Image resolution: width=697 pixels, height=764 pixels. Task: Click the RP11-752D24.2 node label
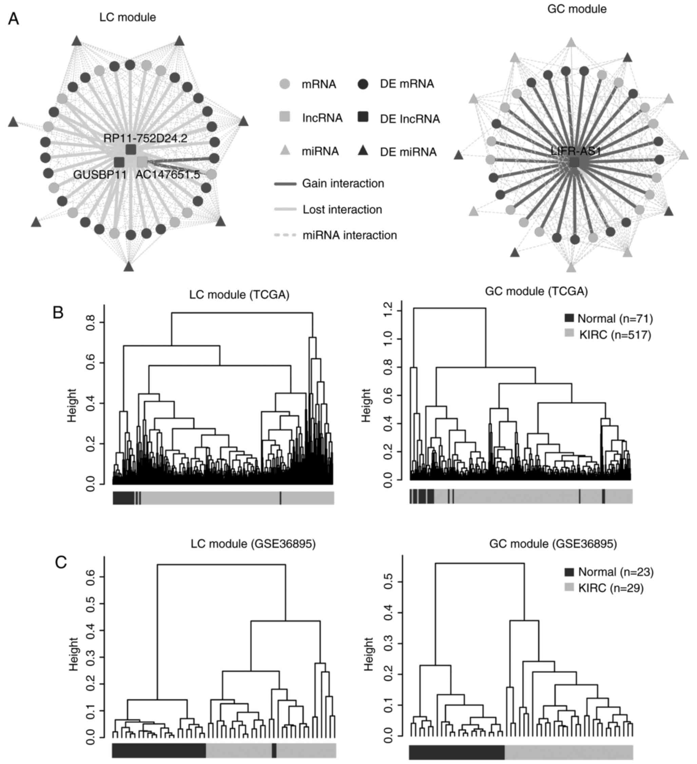coord(145,138)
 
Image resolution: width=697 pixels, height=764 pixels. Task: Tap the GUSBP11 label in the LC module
coord(100,175)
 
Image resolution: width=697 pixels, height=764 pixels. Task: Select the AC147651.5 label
coord(168,175)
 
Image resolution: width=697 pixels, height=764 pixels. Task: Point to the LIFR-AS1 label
coord(576,151)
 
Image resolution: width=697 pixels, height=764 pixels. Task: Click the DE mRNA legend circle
coord(363,84)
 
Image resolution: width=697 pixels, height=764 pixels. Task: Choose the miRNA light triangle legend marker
coord(285,151)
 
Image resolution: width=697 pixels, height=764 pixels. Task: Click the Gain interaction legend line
coord(285,184)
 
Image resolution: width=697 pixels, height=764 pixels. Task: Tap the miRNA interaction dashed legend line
coord(285,235)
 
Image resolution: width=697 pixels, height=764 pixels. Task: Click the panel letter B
coord(58,313)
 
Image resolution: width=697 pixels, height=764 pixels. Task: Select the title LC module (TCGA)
coord(239,294)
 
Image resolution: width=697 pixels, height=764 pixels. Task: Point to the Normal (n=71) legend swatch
coord(569,318)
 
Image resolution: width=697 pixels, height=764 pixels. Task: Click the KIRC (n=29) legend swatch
coord(569,588)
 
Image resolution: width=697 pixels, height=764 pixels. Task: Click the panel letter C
coord(61,562)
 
